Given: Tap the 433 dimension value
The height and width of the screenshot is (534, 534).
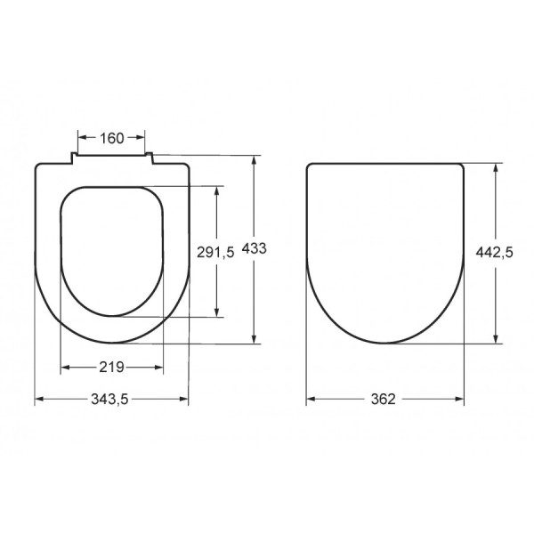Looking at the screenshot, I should click(x=256, y=249).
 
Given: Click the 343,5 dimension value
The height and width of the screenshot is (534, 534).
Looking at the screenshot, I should click(x=112, y=400).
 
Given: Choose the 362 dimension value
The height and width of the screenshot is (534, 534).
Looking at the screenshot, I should click(x=385, y=400).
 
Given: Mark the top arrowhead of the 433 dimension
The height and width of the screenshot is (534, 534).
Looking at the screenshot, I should click(x=256, y=160).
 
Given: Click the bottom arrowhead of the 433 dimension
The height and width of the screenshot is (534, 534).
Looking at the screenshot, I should click(x=256, y=339).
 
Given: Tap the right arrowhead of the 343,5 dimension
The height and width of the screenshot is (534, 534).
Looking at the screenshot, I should click(x=185, y=400).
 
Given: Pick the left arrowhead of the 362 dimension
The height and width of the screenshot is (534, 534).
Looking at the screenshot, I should click(x=310, y=400).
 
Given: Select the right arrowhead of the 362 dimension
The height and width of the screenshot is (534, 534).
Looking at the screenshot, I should click(x=461, y=400).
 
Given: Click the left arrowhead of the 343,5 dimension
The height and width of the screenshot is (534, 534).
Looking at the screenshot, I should click(x=38, y=400).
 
